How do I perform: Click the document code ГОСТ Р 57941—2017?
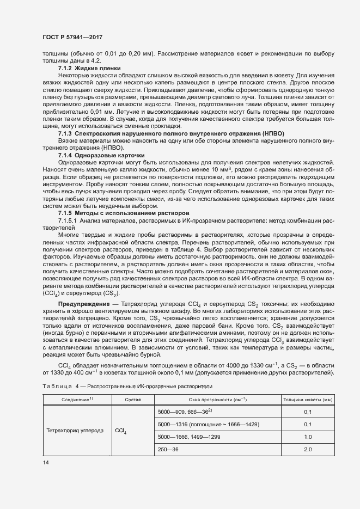(x=72, y=37)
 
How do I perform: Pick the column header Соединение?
(x=76, y=400)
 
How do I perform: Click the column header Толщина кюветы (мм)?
(x=307, y=400)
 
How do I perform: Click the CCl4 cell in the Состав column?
(x=121, y=431)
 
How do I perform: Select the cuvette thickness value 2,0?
(x=307, y=449)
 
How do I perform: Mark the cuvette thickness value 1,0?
(x=307, y=437)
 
